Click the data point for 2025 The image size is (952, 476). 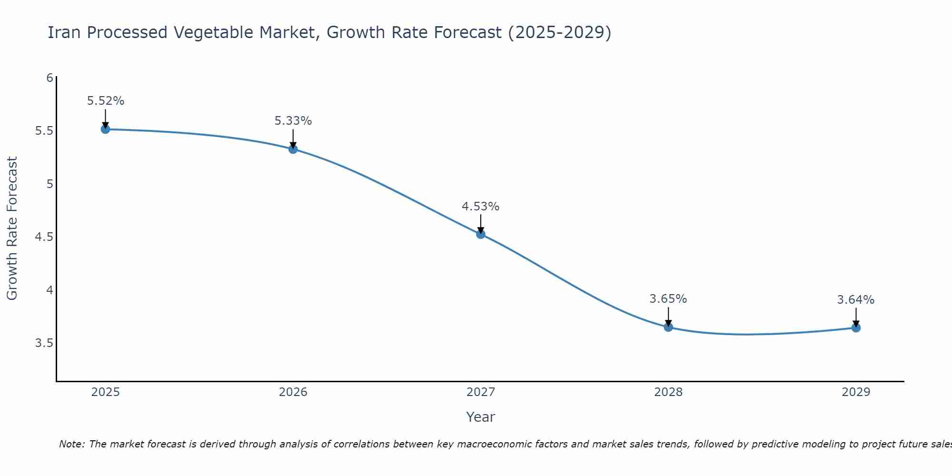[105, 129]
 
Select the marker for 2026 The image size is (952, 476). [293, 149]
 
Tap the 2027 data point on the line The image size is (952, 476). [481, 234]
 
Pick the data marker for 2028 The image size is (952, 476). [668, 327]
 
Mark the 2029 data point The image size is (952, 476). [856, 327]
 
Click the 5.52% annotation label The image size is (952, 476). [106, 101]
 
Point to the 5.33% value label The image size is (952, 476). [293, 121]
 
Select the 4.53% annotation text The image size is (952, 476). [481, 207]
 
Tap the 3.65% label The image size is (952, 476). [668, 299]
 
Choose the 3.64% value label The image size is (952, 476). [856, 300]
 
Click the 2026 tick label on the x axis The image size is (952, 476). [293, 392]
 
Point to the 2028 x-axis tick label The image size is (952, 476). [668, 392]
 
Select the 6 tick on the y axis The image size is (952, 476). [50, 78]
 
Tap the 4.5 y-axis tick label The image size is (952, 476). [44, 237]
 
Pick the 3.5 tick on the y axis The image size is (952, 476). [44, 343]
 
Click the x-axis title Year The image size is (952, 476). [481, 417]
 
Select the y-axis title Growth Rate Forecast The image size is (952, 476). [12, 228]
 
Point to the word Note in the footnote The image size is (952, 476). [71, 444]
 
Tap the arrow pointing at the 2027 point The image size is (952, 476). [481, 224]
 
